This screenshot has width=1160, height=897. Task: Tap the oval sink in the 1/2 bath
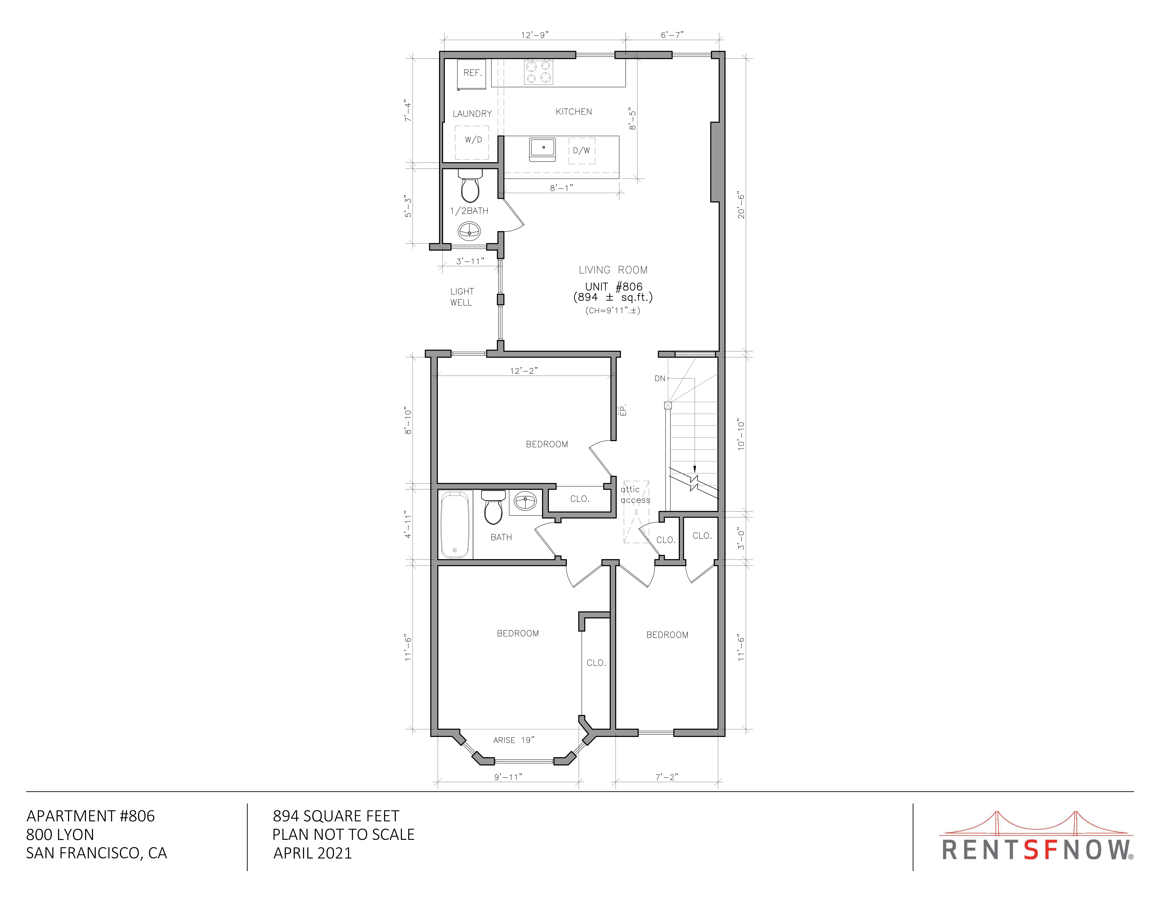point(469,231)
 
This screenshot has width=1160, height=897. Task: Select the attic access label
point(635,494)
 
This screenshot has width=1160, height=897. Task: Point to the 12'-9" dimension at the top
point(534,35)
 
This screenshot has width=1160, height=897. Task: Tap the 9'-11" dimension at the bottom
point(508,777)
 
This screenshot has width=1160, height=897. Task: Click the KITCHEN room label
point(574,112)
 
